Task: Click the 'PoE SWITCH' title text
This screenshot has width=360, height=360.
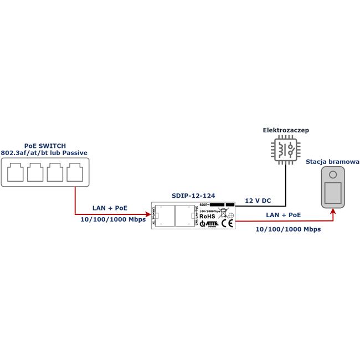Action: coord(45,146)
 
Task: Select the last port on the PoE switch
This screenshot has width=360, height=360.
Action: coord(75,172)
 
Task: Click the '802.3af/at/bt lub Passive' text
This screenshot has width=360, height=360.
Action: coord(44,153)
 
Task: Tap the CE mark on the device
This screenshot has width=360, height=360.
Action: coord(227,224)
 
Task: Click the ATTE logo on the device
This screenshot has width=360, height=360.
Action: coord(209,224)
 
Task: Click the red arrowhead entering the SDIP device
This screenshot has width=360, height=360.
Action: coord(148,214)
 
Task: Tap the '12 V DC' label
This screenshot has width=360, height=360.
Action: coord(258,200)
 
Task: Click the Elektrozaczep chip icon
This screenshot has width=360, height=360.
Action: coord(285,150)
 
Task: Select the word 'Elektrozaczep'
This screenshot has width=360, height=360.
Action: coord(286,130)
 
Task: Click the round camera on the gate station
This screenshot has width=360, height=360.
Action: coord(333,175)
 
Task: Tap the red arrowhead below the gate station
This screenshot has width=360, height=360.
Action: coord(333,211)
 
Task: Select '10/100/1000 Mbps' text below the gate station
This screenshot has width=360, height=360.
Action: coord(288,229)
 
